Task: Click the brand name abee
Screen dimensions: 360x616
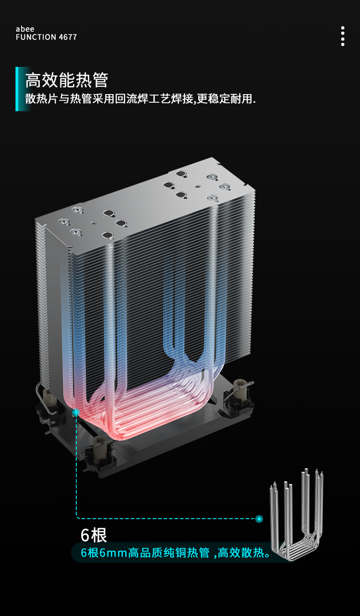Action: (x=25, y=29)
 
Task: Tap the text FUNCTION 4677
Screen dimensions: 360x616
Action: (x=46, y=37)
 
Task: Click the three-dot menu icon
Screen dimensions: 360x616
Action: (x=343, y=36)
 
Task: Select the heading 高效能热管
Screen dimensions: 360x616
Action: (x=67, y=80)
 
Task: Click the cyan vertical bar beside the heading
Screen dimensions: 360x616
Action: (x=17, y=89)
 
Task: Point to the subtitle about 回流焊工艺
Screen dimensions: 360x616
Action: (x=141, y=99)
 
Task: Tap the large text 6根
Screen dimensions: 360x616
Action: (x=94, y=535)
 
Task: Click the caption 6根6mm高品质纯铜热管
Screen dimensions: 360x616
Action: (x=145, y=553)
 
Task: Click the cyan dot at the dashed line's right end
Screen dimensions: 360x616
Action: (x=259, y=519)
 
